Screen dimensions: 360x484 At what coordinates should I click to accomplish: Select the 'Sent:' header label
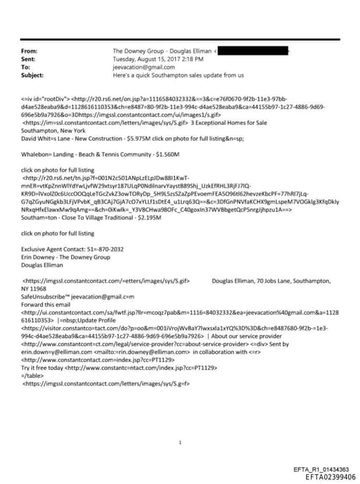30,59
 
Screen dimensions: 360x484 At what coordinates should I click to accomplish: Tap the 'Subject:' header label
33,75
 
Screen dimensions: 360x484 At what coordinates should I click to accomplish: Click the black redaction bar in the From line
253,52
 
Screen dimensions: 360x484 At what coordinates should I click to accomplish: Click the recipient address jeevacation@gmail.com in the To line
141,67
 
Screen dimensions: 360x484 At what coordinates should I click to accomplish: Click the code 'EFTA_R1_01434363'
321,469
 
